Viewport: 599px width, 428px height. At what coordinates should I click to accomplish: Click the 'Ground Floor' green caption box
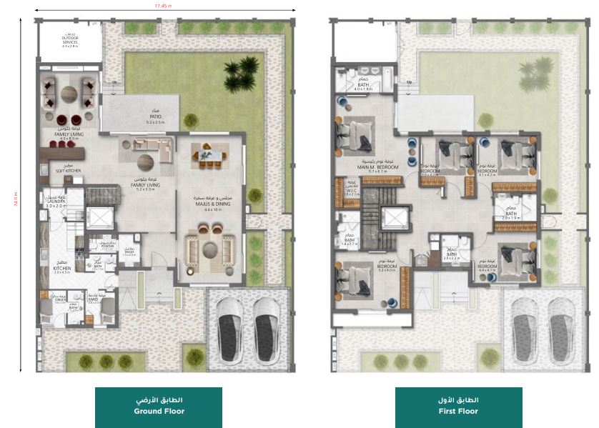159,407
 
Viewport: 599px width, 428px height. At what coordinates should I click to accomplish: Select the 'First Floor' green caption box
458,407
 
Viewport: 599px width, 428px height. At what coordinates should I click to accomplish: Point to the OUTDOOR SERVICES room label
69,41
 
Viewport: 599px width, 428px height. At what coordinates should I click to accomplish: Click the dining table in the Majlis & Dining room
211,156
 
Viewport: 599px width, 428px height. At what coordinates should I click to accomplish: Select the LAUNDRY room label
56,202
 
